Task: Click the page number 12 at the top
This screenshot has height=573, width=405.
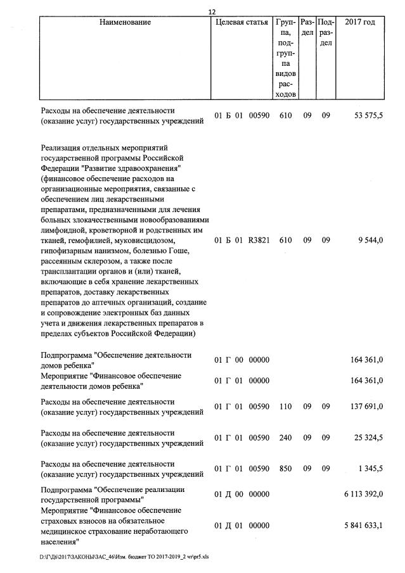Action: [x=212, y=12]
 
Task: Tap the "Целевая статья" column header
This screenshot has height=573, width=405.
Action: [x=241, y=23]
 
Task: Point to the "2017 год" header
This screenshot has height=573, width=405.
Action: [x=359, y=23]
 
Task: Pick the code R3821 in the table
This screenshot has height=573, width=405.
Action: [x=259, y=241]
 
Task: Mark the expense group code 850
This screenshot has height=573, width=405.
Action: [x=285, y=469]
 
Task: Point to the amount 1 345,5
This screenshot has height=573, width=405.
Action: [x=370, y=469]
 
